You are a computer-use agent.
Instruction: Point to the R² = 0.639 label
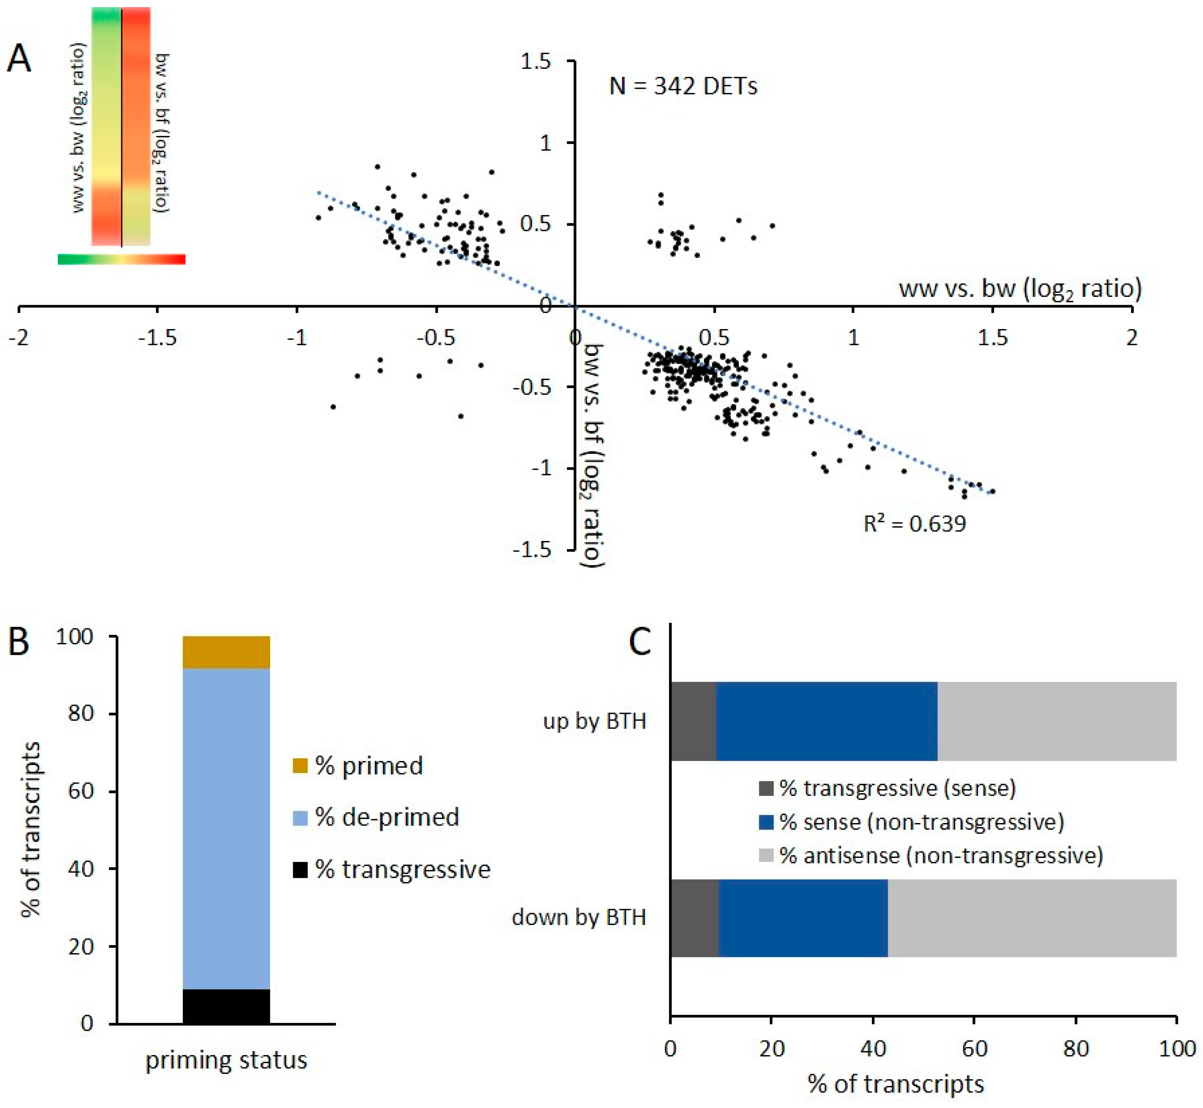[x=914, y=524]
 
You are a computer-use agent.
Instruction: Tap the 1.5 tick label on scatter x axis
[x=992, y=338]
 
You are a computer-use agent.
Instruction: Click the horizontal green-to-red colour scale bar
[x=121, y=259]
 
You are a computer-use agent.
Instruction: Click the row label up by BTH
[x=594, y=721]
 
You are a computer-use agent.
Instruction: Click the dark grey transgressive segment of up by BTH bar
[x=693, y=721]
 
